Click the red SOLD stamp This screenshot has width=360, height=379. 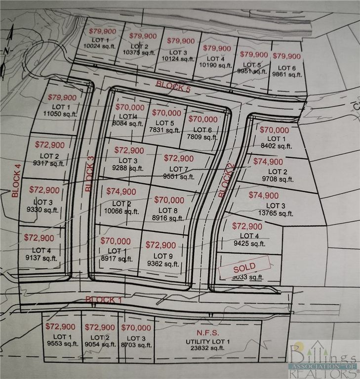pos(245,267)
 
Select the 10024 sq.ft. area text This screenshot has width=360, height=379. pos(100,45)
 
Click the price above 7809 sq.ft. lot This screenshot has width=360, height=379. pos(202,119)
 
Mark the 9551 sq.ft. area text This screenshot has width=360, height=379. pos(176,176)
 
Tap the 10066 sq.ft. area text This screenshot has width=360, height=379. pos(121,211)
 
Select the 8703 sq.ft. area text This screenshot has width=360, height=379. pos(135,345)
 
